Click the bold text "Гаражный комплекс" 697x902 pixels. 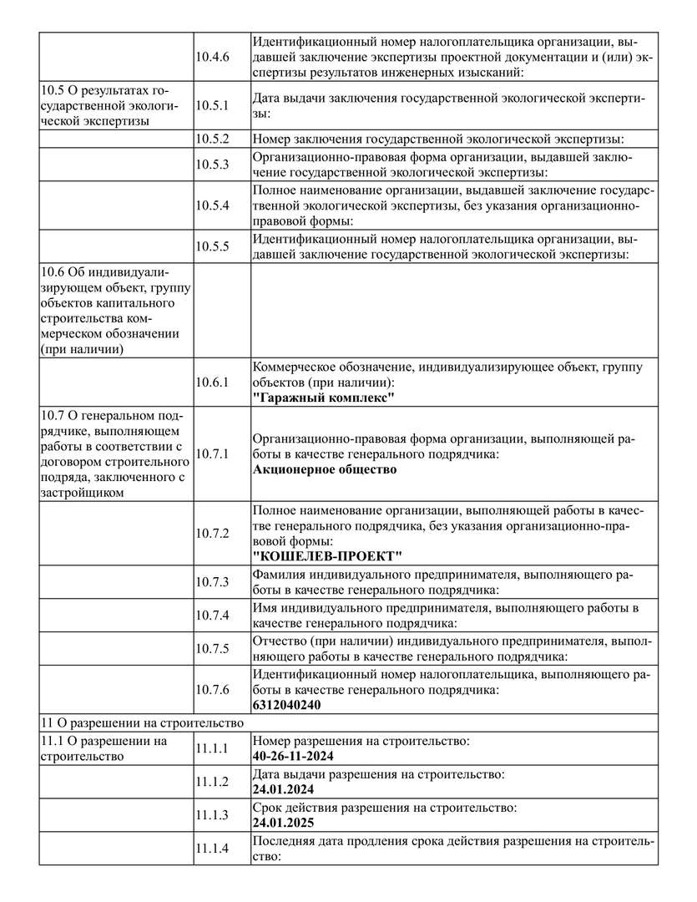pos(324,398)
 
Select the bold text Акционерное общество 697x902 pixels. pos(325,469)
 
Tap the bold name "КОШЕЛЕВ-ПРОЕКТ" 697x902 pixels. pos(327,556)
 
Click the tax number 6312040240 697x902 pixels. pos(286,705)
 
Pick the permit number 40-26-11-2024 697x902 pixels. pos(293,756)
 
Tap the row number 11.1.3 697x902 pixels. pos(212,815)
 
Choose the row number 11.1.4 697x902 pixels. pos(212,849)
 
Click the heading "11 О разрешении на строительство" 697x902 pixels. pos(142,722)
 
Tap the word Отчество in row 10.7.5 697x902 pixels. pos(280,641)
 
